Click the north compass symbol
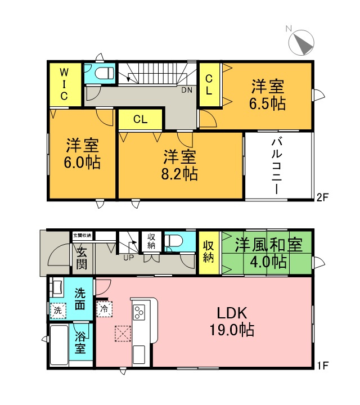click(301, 43)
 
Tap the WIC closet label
click(64, 84)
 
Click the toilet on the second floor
click(104, 73)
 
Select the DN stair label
click(186, 89)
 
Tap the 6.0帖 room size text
click(83, 163)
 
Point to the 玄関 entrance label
click(82, 258)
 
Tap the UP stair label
click(128, 258)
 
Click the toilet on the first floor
click(174, 242)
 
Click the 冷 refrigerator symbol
click(104, 309)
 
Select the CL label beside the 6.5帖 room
click(208, 84)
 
